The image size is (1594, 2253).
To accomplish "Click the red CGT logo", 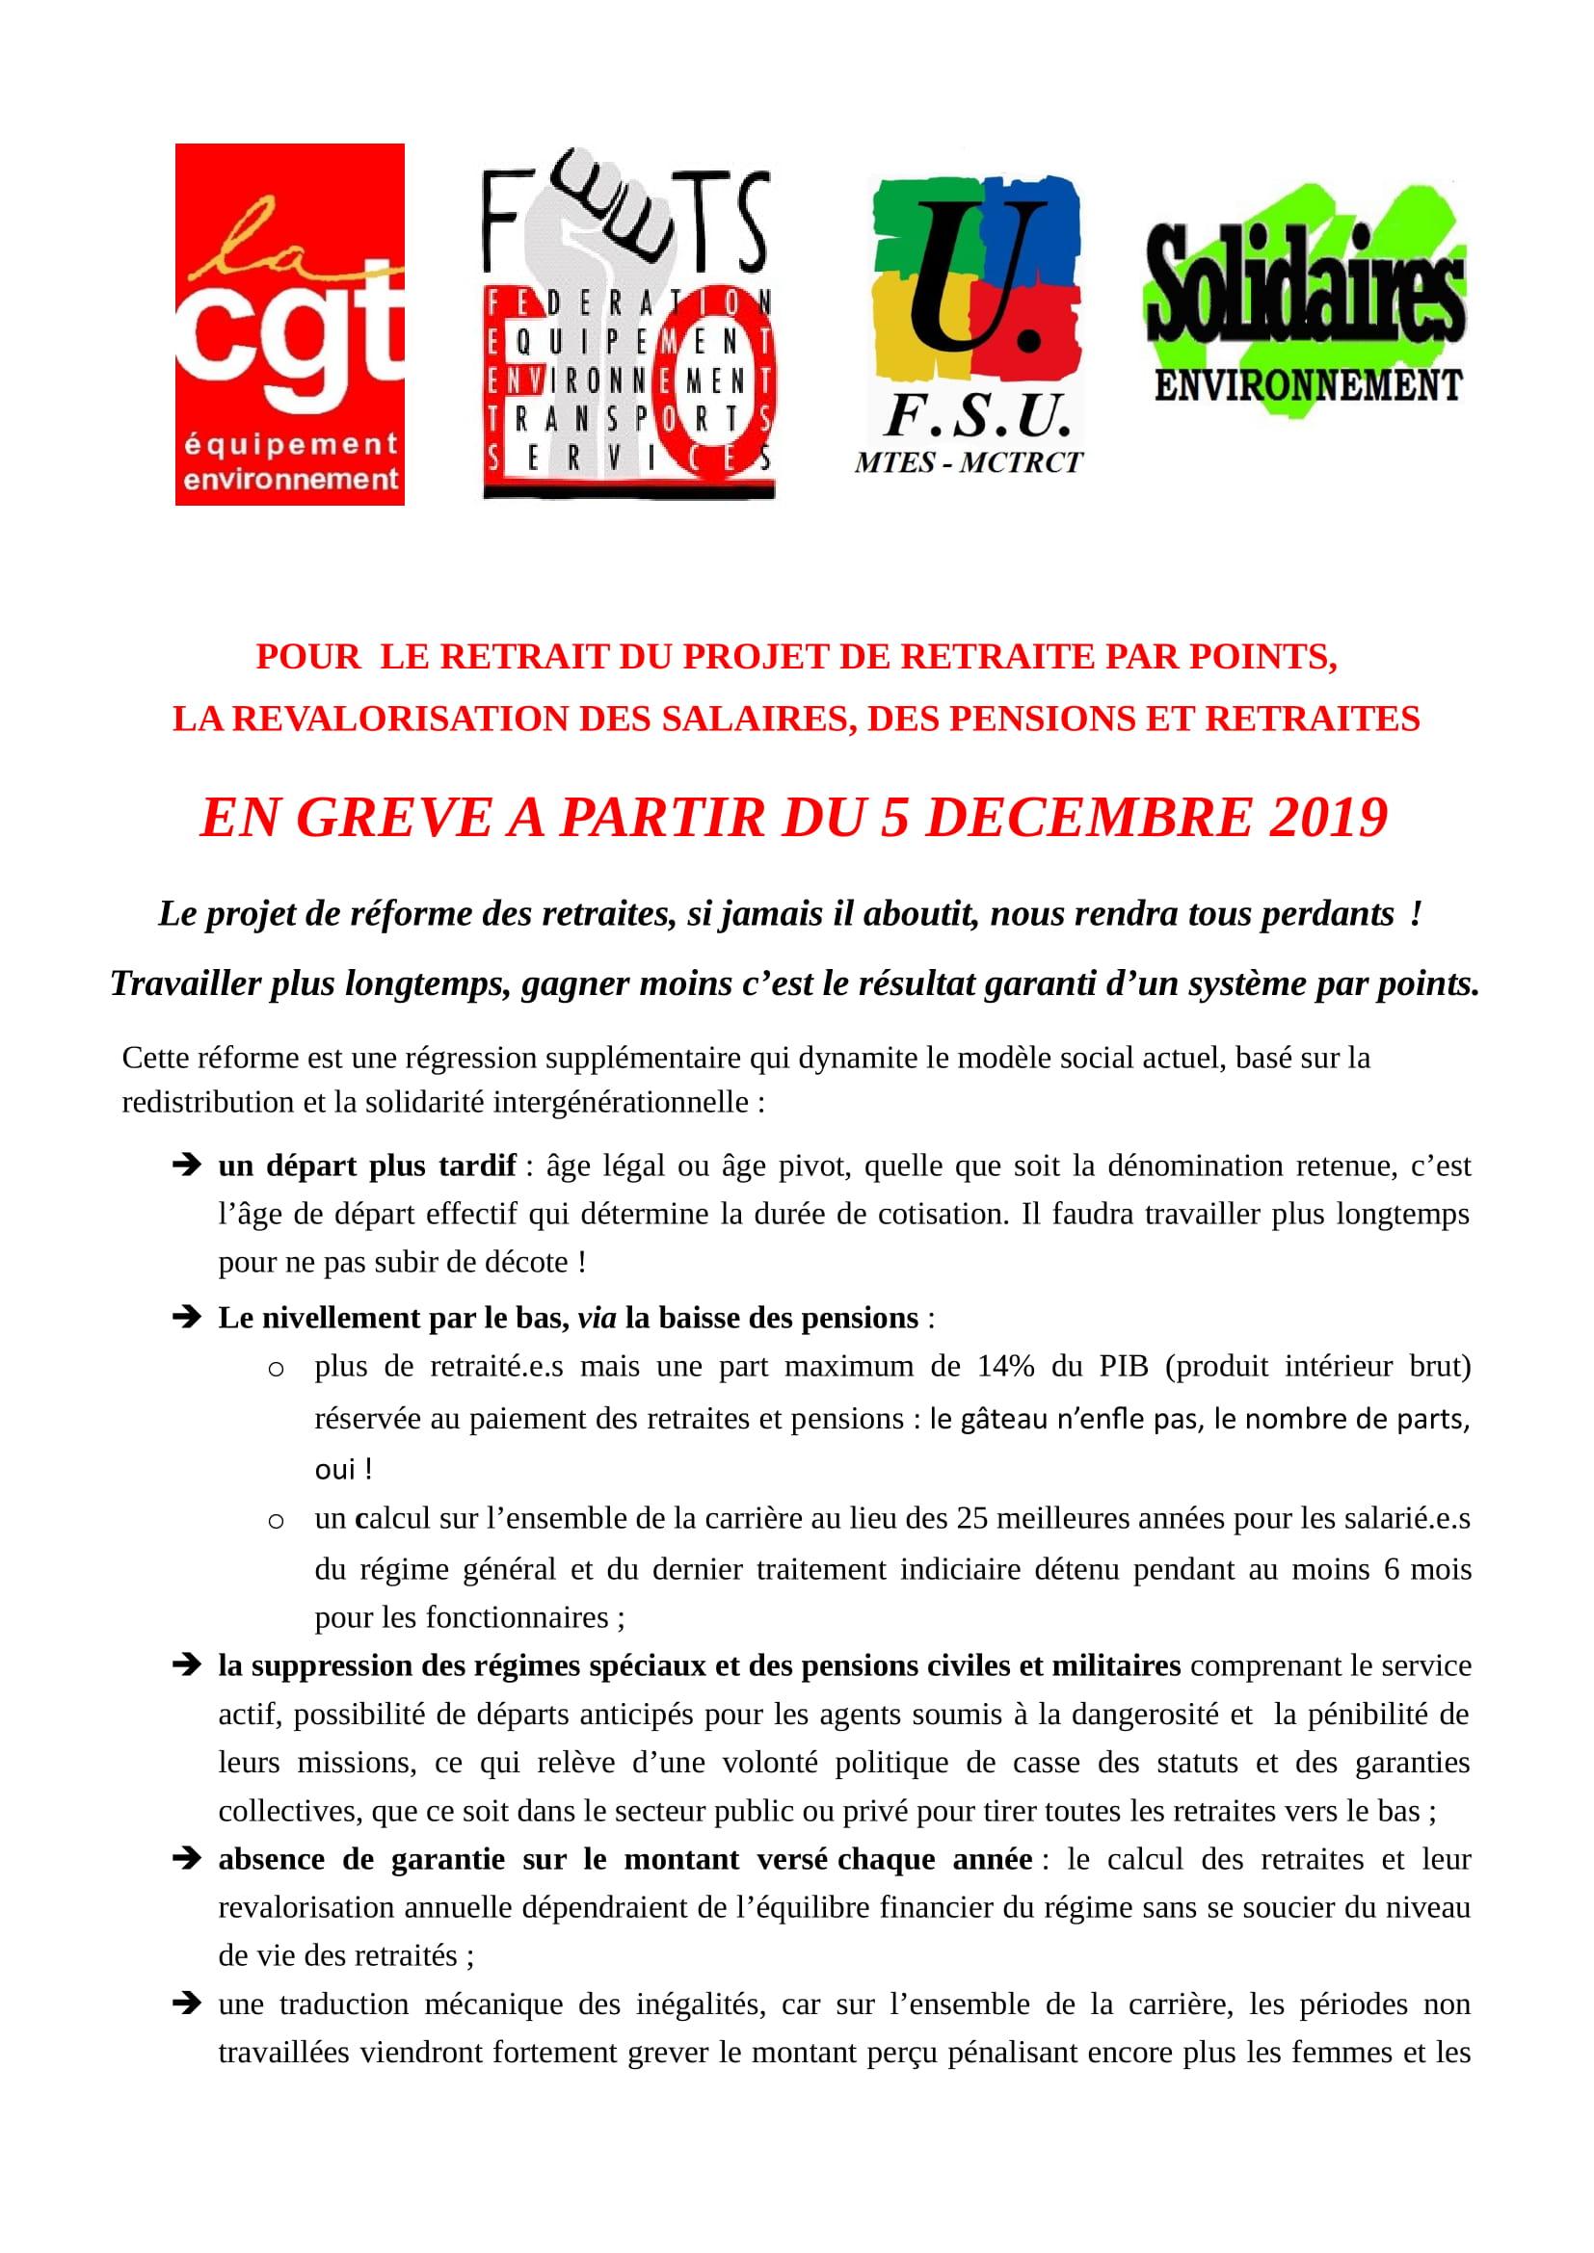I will pyautogui.click(x=289, y=324).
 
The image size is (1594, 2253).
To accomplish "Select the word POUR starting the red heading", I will pyautogui.click(x=308, y=657).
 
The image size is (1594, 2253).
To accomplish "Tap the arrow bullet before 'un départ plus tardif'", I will pyautogui.click(x=185, y=1166).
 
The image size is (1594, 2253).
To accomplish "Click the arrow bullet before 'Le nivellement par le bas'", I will pyautogui.click(x=185, y=1318).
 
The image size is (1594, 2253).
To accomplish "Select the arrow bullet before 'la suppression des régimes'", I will pyautogui.click(x=185, y=1665).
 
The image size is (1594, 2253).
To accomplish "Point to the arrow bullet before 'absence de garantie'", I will pyautogui.click(x=185, y=1858).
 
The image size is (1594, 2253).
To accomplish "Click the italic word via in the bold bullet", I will pyautogui.click(x=597, y=1318).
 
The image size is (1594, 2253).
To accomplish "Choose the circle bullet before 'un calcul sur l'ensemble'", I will pyautogui.click(x=277, y=1521).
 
